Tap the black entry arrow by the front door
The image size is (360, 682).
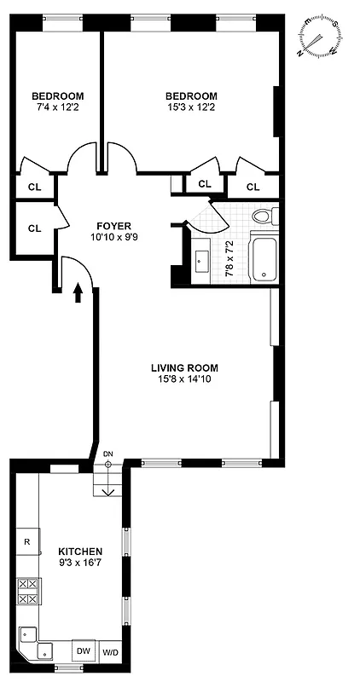tap(78, 292)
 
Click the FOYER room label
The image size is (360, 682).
tap(113, 226)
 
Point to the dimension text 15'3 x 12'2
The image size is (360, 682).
tap(191, 107)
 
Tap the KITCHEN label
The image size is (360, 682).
tap(80, 552)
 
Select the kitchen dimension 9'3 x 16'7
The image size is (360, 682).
tap(80, 563)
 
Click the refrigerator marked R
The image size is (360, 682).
tap(27, 541)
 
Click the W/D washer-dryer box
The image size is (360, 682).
tap(111, 651)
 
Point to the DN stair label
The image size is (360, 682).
tap(107, 454)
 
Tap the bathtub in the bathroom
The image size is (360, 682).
tap(264, 260)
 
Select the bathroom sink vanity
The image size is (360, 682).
tap(201, 259)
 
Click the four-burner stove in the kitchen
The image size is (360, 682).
tap(27, 592)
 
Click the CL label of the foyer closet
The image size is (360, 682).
tap(35, 228)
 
